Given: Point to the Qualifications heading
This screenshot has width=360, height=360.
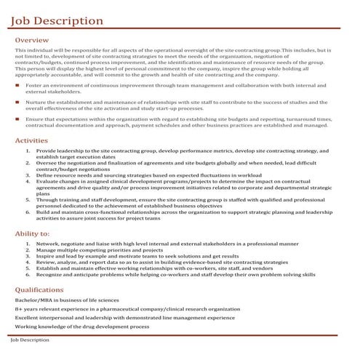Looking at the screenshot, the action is pyautogui.click(x=39, y=290).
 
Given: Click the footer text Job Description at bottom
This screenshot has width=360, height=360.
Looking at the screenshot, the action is pyautogui.click(x=29, y=340).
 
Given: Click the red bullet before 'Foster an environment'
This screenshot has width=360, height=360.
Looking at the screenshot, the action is pyautogui.click(x=17, y=86).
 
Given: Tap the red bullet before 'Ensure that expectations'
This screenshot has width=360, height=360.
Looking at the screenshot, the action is pyautogui.click(x=17, y=118).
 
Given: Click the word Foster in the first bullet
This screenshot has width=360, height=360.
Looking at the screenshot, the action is pyautogui.click(x=33, y=86).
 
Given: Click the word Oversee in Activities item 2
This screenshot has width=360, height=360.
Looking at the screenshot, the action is pyautogui.click(x=47, y=164).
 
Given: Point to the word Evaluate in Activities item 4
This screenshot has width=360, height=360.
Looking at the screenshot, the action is pyautogui.click(x=48, y=181).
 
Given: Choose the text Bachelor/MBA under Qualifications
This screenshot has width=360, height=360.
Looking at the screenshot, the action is pyautogui.click(x=33, y=300).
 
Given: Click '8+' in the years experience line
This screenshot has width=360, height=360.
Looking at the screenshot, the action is pyautogui.click(x=18, y=309).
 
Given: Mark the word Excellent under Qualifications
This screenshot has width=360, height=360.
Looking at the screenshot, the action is pyautogui.click(x=28, y=318).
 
